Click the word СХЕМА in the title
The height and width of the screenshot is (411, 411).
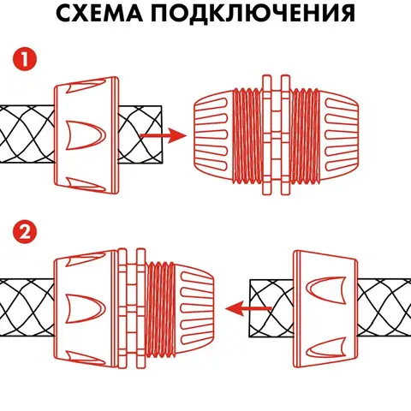click(x=99, y=12)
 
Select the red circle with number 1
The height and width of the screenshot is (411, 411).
click(x=25, y=60)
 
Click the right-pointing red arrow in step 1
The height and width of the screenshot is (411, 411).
click(x=164, y=135)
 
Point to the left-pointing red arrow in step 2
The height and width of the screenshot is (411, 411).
click(x=248, y=308)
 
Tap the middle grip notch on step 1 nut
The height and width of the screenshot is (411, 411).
click(x=86, y=135)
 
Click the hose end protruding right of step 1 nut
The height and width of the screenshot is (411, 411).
click(x=140, y=134)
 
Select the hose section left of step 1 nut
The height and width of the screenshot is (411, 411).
click(x=27, y=134)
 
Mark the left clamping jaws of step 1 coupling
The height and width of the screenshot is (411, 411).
click(x=213, y=135)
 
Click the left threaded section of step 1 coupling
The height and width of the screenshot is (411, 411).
click(x=247, y=135)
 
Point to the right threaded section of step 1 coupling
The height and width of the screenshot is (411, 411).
click(x=305, y=135)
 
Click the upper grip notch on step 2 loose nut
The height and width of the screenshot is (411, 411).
click(x=326, y=290)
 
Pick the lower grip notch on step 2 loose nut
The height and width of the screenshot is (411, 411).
click(x=326, y=348)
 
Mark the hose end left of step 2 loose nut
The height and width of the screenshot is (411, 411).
click(x=271, y=308)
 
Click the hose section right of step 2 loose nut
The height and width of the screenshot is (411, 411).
click(x=384, y=308)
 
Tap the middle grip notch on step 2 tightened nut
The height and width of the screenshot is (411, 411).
click(x=86, y=308)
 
